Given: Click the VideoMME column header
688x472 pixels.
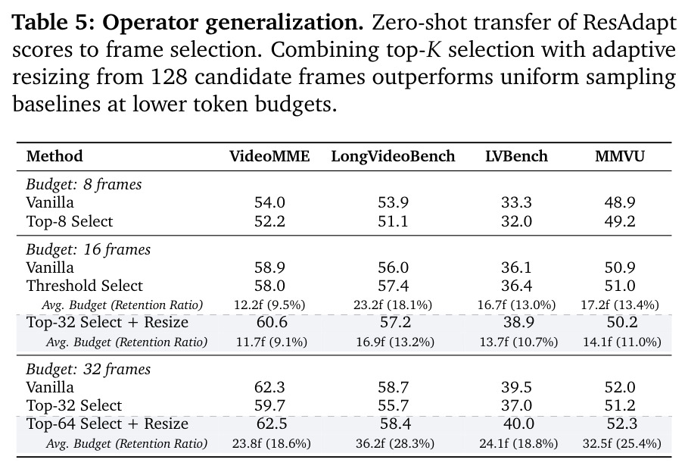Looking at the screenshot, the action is pyautogui.click(x=269, y=156).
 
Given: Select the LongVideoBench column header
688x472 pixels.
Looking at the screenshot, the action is pyautogui.click(x=393, y=157).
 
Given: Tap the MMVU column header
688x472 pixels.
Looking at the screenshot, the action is pyautogui.click(x=620, y=156).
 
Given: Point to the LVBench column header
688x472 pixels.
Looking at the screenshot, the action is pyautogui.click(x=516, y=156).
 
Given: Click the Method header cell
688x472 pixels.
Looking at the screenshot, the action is pyautogui.click(x=54, y=156).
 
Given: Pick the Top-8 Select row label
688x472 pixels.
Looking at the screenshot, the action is pyautogui.click(x=70, y=221).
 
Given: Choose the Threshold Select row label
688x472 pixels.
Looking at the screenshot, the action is pyautogui.click(x=84, y=286).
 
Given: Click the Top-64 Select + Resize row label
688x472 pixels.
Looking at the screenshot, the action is pyautogui.click(x=107, y=424).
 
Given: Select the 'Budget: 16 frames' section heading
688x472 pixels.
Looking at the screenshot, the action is pyautogui.click(x=89, y=249).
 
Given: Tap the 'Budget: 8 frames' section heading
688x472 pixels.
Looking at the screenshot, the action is pyautogui.click(x=84, y=184).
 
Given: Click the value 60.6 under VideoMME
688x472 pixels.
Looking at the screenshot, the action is pyautogui.click(x=272, y=322).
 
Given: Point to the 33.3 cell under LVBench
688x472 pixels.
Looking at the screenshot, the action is pyautogui.click(x=516, y=202).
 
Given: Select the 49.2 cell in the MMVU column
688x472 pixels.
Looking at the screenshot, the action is pyautogui.click(x=620, y=221).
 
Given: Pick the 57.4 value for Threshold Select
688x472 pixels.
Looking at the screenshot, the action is pyautogui.click(x=393, y=286).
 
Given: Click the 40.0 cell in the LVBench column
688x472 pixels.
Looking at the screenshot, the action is pyautogui.click(x=518, y=424).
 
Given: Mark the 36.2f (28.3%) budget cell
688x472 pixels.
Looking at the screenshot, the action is pyautogui.click(x=395, y=443).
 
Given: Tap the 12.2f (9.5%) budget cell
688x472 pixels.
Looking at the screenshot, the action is pyautogui.click(x=269, y=305).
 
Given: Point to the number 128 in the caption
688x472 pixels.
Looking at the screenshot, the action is pyautogui.click(x=169, y=77).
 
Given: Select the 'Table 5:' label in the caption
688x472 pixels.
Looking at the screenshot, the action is pyautogui.click(x=54, y=23).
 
